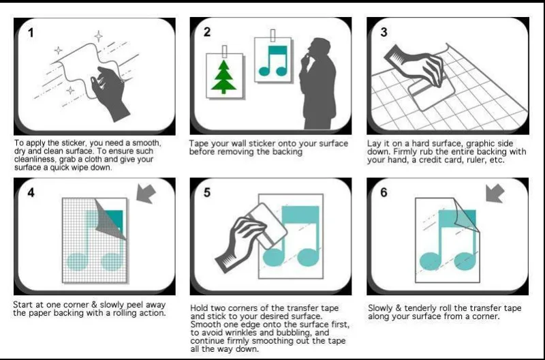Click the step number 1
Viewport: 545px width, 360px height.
(31, 33)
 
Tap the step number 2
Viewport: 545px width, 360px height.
(207, 32)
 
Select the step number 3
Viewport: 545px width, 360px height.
(384, 32)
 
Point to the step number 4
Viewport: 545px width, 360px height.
(31, 192)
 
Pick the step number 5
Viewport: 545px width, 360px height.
(207, 192)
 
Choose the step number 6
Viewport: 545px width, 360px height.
(384, 192)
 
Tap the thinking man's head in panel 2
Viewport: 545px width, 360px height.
(319, 48)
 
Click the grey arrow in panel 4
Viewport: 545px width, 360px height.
(146, 194)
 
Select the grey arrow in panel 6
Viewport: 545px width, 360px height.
(495, 194)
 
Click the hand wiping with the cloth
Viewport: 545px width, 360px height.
(110, 92)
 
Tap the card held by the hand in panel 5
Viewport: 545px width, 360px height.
(267, 226)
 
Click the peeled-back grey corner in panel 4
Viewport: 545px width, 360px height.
(110, 219)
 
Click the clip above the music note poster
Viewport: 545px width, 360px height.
(273, 36)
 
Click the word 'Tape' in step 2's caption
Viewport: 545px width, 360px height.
(198, 144)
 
